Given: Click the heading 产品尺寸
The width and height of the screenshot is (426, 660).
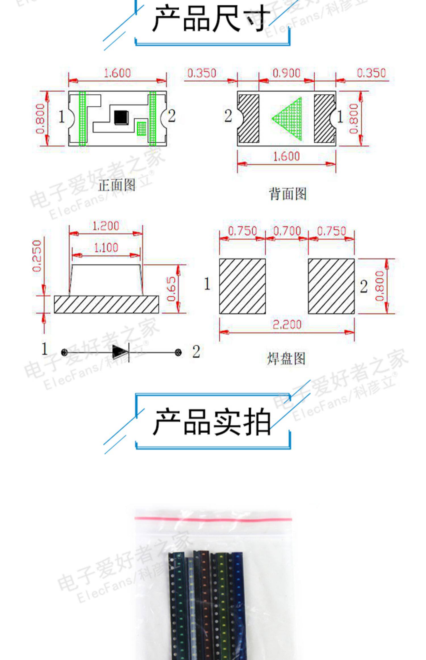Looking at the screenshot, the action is click(212, 19).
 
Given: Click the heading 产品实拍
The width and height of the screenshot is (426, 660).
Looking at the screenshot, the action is click(212, 422).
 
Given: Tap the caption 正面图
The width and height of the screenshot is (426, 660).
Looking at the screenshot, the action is click(117, 185).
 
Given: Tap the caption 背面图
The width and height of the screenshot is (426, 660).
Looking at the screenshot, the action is click(287, 194).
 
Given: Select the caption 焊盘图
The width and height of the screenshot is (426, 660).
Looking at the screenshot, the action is click(286, 358).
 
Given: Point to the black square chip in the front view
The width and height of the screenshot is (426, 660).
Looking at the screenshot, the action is click(121, 117).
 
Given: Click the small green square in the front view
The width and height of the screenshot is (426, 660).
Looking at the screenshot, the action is click(141, 128).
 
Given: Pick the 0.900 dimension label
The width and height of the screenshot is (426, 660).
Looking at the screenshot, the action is click(286, 73).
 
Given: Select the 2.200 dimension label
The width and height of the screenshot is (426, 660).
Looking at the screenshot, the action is click(287, 325).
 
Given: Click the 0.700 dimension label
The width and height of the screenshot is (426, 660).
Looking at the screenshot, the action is click(287, 231).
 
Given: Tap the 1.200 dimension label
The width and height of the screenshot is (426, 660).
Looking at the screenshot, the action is click(106, 226).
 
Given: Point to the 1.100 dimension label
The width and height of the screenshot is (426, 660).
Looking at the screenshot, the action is click(106, 248).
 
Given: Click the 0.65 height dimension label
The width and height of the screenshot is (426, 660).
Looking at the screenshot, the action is click(171, 289).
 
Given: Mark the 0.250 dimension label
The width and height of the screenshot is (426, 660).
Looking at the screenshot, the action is click(37, 256).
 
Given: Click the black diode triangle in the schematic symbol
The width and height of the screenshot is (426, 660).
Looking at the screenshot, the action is click(117, 352).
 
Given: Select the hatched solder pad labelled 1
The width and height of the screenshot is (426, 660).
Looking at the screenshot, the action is click(242, 286).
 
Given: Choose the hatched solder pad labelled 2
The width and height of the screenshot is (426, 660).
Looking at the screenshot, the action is click(331, 286).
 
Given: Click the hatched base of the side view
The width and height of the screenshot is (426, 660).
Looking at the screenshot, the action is click(106, 304).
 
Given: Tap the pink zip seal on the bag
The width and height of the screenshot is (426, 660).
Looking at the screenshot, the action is click(213, 519).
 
